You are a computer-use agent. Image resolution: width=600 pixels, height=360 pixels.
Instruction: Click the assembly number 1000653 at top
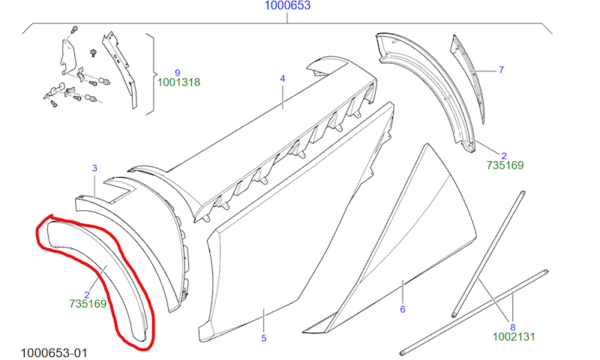pos(287,5)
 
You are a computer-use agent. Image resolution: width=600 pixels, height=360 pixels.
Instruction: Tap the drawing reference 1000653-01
pos(53,352)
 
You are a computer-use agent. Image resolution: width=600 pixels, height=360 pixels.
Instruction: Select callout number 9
pos(177,73)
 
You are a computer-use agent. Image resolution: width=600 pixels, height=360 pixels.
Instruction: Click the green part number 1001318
pos(178,82)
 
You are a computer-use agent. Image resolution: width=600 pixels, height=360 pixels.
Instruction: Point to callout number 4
pos(283,79)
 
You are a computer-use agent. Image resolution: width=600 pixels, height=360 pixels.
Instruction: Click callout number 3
pos(94,168)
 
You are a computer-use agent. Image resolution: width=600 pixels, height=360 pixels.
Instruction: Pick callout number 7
pos(501,70)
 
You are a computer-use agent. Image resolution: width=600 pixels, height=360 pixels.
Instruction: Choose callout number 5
pos(264,338)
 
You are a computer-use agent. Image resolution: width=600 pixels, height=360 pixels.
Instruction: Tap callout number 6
pos(403,309)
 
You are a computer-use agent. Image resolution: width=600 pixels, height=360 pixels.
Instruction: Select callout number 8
pos(513,328)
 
